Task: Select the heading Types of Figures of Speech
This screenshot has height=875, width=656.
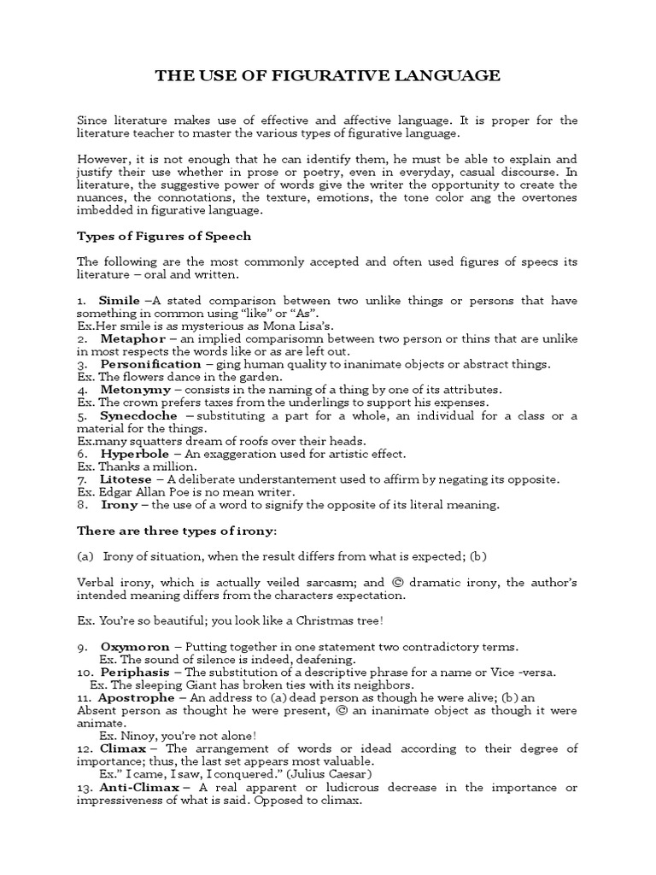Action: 164,236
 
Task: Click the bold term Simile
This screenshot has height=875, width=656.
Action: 120,300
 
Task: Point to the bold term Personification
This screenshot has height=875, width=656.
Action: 151,363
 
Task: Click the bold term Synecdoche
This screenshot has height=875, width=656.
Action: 138,415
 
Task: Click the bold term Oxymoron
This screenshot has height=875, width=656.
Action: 135,647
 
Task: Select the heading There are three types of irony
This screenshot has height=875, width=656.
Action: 177,531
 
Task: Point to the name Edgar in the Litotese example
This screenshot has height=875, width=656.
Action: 116,492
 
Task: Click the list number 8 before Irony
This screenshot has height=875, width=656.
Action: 80,505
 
